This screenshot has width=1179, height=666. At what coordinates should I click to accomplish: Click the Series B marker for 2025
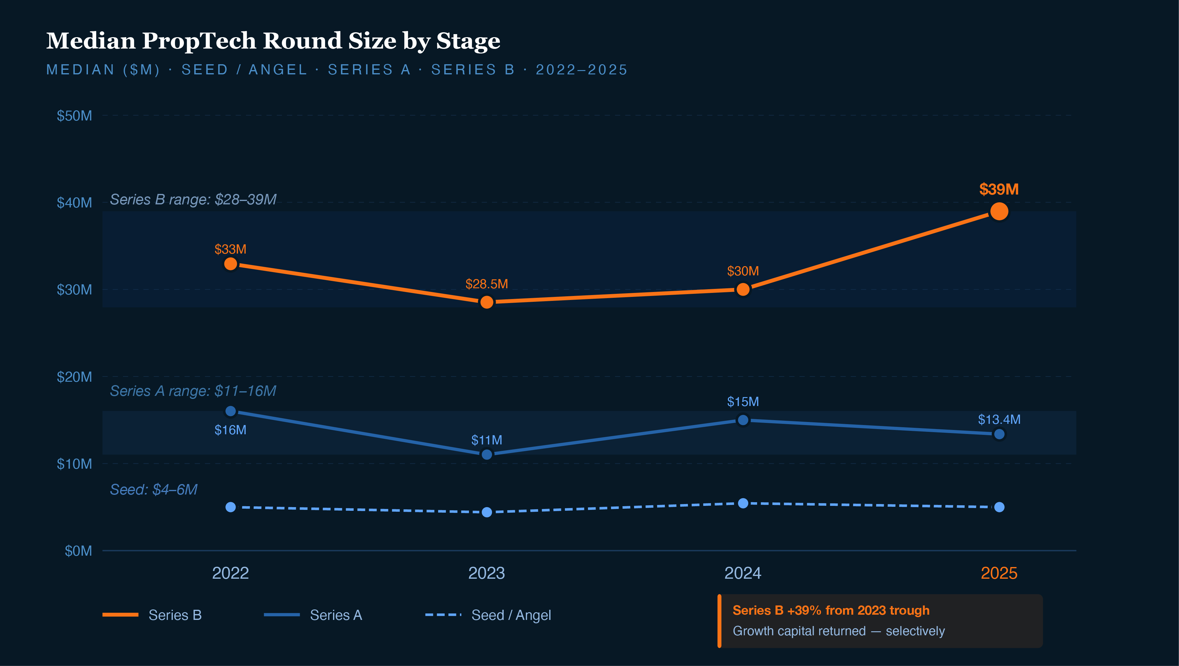click(x=999, y=211)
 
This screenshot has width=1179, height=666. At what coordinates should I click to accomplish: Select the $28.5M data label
click(x=486, y=284)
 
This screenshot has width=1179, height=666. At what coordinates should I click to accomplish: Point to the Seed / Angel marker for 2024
click(x=743, y=503)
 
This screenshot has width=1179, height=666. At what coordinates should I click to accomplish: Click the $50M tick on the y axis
click(x=74, y=116)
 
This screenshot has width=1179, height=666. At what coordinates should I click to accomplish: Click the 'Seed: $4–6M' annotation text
click(x=153, y=490)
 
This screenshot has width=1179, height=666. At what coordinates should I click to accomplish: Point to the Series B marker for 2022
click(x=231, y=264)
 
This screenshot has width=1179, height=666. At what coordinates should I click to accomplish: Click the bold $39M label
click(x=999, y=189)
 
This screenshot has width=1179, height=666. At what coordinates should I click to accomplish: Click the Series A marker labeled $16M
click(x=231, y=411)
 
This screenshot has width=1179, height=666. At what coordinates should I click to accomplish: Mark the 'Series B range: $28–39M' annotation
click(x=193, y=199)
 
